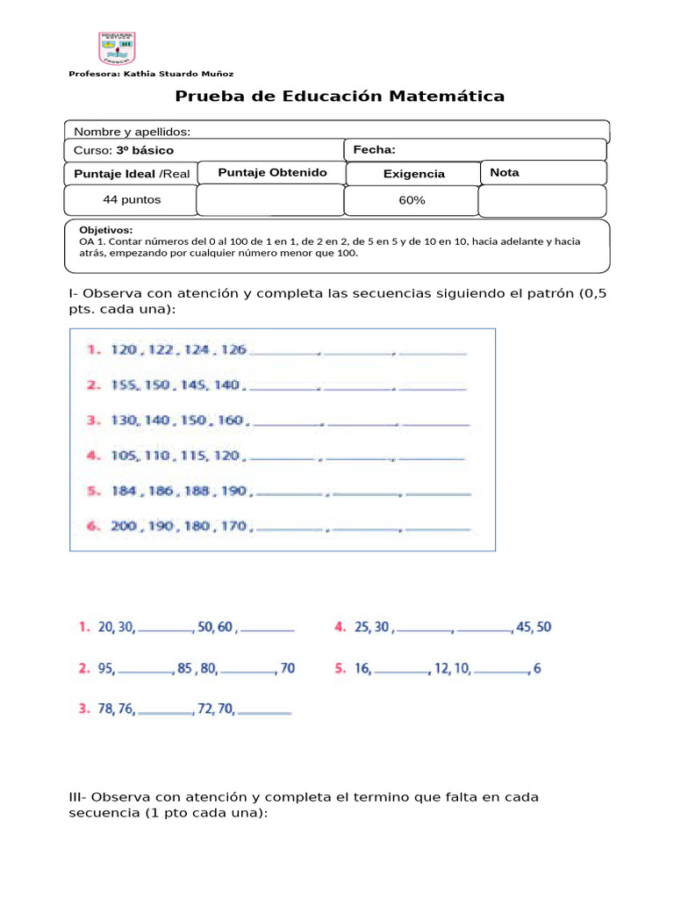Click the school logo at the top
[x=117, y=48]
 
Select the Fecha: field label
[x=375, y=150]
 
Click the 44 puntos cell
[x=133, y=199]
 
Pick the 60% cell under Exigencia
[x=412, y=200]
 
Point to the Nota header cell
[x=505, y=172]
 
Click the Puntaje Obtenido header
[x=272, y=172]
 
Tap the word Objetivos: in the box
[x=106, y=229]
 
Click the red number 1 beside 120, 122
[x=92, y=349]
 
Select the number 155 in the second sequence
[x=124, y=385]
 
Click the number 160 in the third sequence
[x=230, y=420]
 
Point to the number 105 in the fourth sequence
[x=125, y=456]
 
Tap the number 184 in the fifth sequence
[x=124, y=491]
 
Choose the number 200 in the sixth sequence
[x=125, y=526]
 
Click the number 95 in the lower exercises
[x=105, y=669]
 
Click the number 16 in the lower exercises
[x=362, y=669]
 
